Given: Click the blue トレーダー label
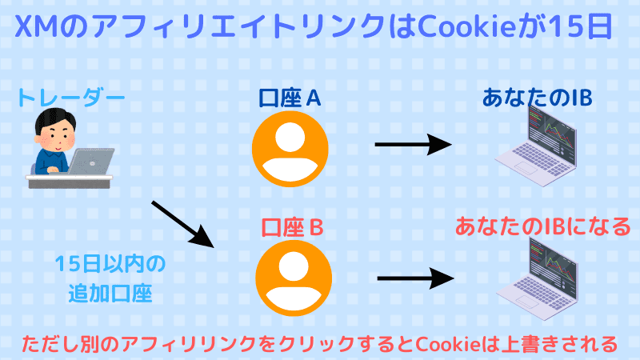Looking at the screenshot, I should (x=70, y=99).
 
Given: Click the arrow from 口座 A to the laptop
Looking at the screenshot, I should (x=413, y=146).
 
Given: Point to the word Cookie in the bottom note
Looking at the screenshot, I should (x=444, y=344).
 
